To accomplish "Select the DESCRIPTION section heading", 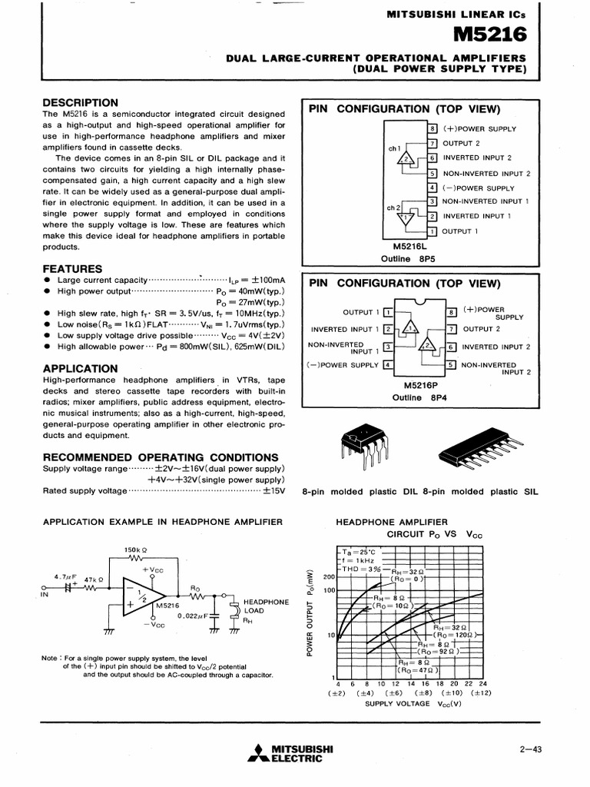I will click(80, 103).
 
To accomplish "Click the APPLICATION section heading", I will click(80, 368).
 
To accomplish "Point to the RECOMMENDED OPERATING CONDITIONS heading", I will click(160, 457).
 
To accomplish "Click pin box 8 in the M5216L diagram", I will click(433, 128).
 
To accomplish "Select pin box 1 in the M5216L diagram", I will click(433, 231).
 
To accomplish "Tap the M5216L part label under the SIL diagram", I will click(413, 246).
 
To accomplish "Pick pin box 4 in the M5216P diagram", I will click(388, 365).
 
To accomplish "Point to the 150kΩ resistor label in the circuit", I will click(135, 550).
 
